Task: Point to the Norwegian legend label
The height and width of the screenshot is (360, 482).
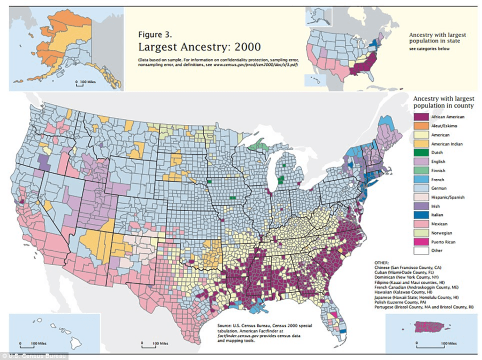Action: [441, 232]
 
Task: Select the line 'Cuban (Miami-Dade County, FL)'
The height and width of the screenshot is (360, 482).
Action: [412, 273]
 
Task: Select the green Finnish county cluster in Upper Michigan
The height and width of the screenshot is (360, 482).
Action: [262, 144]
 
